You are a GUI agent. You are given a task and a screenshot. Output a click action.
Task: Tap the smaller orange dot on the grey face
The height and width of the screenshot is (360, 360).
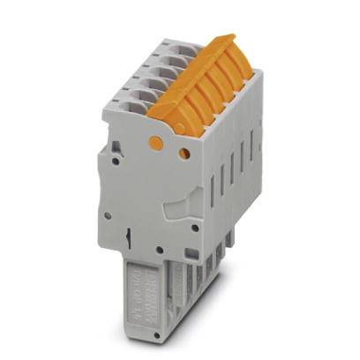[x=184, y=154]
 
